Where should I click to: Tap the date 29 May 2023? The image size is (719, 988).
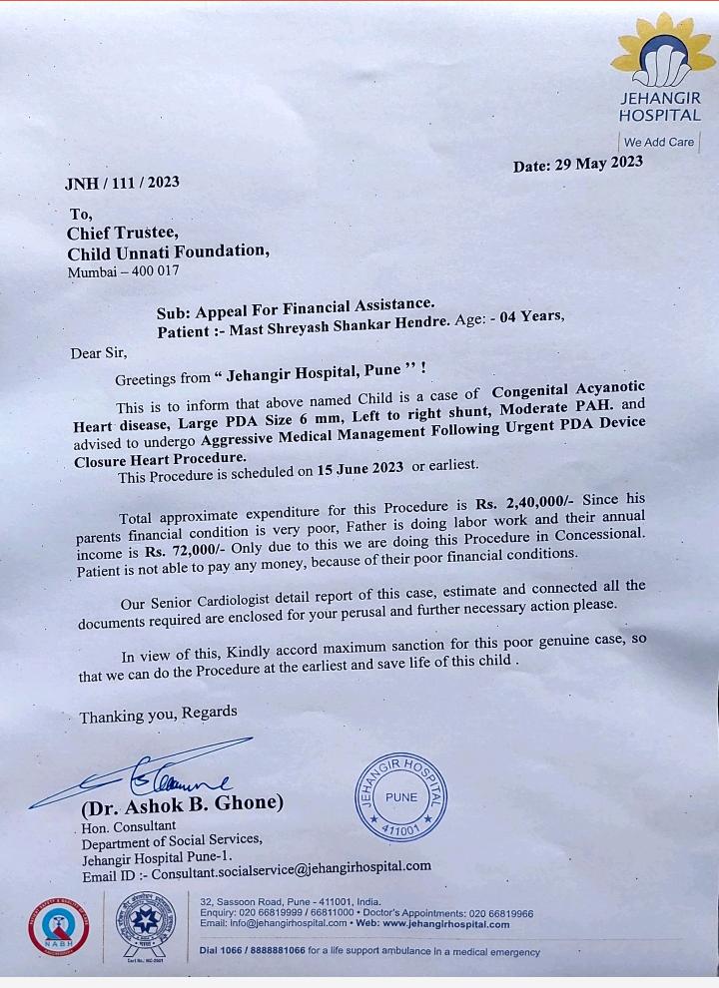pos(578,164)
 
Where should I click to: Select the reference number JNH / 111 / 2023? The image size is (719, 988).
pos(122,182)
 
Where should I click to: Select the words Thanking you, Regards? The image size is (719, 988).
pos(159,715)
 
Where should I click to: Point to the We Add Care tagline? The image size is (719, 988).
pos(659,142)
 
